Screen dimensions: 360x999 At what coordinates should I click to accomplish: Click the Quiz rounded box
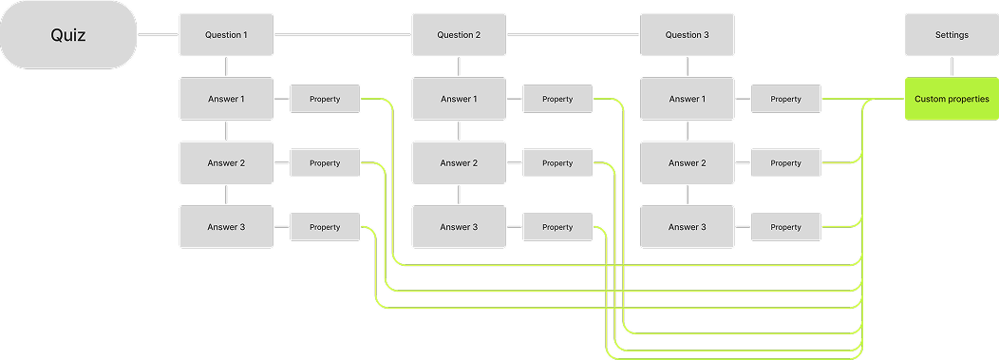click(68, 35)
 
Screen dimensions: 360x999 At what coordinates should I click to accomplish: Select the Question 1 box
click(226, 35)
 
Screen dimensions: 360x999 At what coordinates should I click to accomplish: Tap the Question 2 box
click(459, 35)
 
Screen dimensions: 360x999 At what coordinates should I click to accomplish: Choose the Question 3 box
click(687, 35)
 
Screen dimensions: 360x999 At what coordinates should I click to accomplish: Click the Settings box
click(952, 35)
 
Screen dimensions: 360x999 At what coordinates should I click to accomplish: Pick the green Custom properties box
click(952, 99)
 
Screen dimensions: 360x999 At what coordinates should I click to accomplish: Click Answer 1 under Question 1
click(226, 99)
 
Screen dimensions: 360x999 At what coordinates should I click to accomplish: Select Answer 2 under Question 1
click(226, 162)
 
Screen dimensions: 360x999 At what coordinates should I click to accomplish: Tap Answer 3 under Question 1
click(226, 227)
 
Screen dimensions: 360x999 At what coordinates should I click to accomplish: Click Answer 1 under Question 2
click(459, 99)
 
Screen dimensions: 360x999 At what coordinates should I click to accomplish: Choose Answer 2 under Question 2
click(459, 162)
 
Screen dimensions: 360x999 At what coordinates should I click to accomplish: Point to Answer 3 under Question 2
click(459, 227)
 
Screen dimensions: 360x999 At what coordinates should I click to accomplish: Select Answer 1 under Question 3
click(687, 99)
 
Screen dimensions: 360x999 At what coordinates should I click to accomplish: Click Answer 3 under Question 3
click(687, 227)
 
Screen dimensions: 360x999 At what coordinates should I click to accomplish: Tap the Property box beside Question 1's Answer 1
click(325, 99)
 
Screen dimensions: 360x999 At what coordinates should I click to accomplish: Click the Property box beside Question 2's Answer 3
click(557, 227)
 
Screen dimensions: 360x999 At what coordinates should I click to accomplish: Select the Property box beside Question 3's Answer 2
click(785, 162)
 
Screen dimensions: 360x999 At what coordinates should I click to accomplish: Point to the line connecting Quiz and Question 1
click(158, 35)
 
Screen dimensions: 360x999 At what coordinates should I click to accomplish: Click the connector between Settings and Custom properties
click(952, 66)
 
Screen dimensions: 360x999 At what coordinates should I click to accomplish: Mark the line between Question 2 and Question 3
click(573, 35)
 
